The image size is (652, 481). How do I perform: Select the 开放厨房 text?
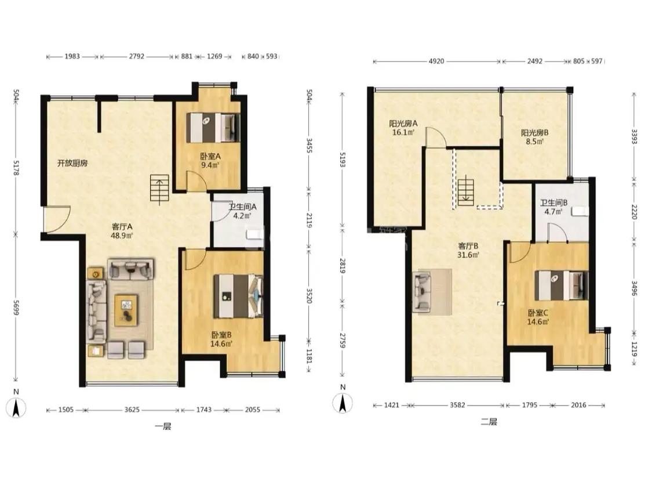(x=72, y=163)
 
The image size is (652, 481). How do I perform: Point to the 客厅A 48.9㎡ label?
(x=122, y=231)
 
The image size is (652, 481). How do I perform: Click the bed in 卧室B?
(x=239, y=296)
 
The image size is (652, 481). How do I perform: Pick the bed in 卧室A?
(x=213, y=127)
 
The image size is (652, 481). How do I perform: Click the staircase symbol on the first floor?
(x=160, y=190)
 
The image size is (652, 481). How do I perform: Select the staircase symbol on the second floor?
(x=465, y=191)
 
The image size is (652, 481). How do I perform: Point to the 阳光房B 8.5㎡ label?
(x=534, y=137)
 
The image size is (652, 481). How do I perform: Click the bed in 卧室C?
(x=561, y=285)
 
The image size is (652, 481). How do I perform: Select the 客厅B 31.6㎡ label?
(x=468, y=251)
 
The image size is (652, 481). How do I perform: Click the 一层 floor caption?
(x=163, y=426)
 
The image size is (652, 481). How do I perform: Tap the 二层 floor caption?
(x=489, y=422)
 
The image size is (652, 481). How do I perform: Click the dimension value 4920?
(x=436, y=62)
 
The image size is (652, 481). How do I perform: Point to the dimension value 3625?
(x=132, y=410)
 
